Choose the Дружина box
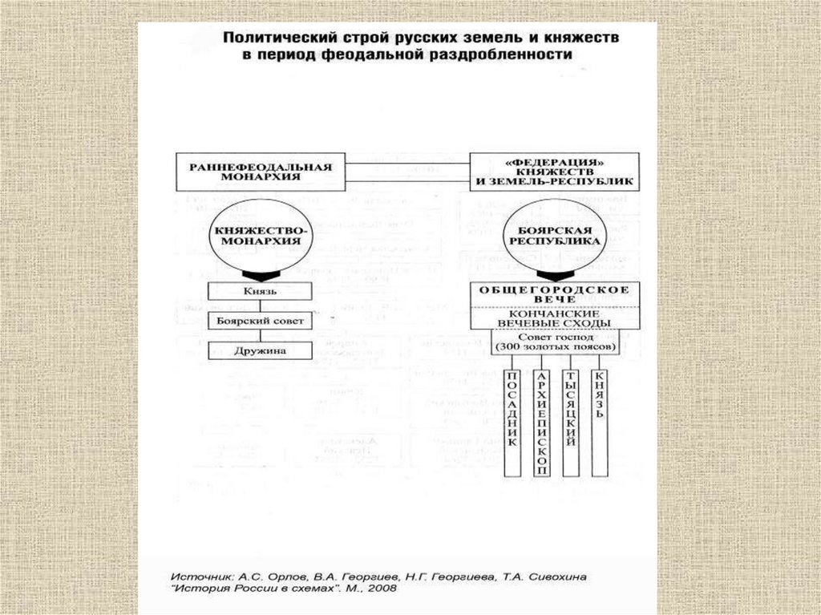[259, 350]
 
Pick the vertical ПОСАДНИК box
[514, 422]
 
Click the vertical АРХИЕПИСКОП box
[543, 422]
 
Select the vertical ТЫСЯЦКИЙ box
[571, 422]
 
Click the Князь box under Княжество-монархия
[259, 292]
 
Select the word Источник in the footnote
[200, 576]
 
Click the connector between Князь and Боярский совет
[259, 306]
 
